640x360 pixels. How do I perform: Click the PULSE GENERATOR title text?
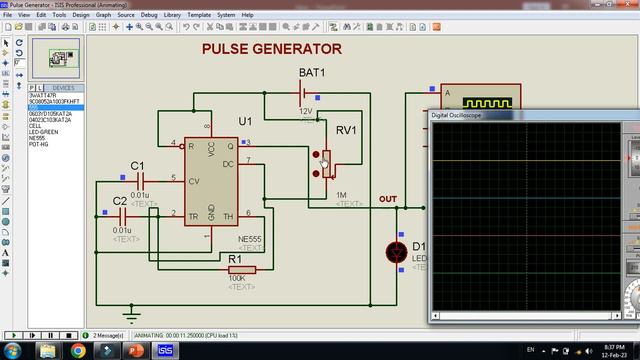(x=271, y=48)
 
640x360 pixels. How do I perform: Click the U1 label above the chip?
(x=245, y=121)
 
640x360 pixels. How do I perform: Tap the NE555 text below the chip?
(x=252, y=240)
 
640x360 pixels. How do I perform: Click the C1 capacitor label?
(x=138, y=165)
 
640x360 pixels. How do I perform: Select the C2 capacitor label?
(x=120, y=201)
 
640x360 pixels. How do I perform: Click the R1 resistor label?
(x=235, y=259)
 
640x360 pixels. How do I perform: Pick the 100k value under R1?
(x=237, y=279)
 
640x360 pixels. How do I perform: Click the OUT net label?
(x=388, y=199)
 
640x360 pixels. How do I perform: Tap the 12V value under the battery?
(x=306, y=111)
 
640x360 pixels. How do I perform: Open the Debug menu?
(x=149, y=16)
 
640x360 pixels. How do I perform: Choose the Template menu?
(x=198, y=16)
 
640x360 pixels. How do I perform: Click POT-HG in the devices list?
(x=40, y=145)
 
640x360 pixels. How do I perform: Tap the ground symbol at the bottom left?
(x=126, y=311)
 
